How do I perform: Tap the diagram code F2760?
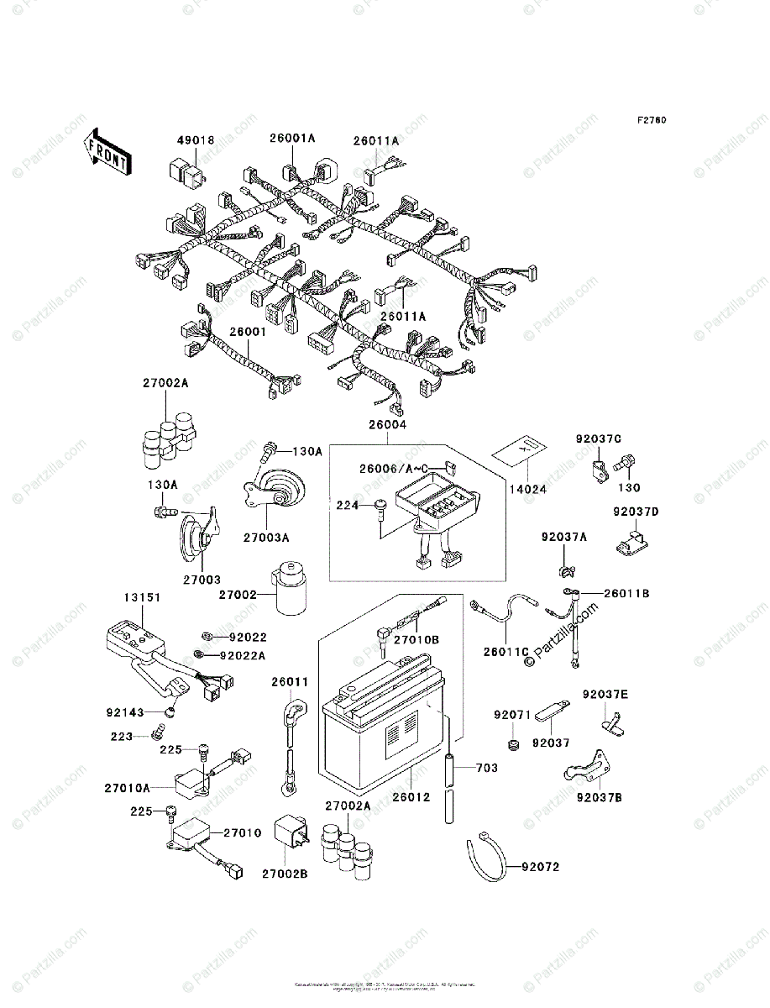click(651, 120)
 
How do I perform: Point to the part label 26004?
click(386, 426)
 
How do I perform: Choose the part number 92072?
click(539, 866)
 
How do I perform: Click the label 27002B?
click(284, 874)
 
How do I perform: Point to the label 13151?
click(143, 597)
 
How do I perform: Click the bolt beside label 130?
click(626, 463)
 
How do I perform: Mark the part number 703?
click(487, 768)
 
